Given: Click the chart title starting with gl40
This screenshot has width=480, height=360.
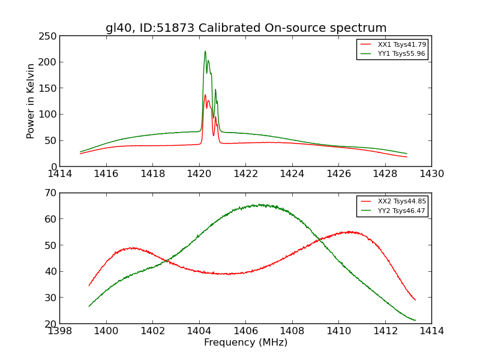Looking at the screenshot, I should [x=246, y=28].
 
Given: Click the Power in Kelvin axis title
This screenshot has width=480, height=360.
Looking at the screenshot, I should [x=31, y=101].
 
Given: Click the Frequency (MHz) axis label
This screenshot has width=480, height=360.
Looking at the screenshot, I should [x=245, y=343].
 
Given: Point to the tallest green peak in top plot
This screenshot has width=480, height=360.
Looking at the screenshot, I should [x=205, y=52].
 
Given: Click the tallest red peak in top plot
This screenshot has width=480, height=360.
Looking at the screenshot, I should [x=205, y=95].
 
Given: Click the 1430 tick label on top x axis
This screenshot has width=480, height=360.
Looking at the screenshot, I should [x=431, y=174].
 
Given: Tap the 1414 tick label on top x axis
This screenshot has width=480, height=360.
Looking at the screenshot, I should [x=60, y=174].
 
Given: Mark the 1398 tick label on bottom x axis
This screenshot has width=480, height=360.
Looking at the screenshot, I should [x=60, y=331].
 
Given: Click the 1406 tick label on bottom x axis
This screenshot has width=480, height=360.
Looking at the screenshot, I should [x=245, y=331].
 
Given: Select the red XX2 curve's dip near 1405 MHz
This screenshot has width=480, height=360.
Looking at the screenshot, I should [x=228, y=274].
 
